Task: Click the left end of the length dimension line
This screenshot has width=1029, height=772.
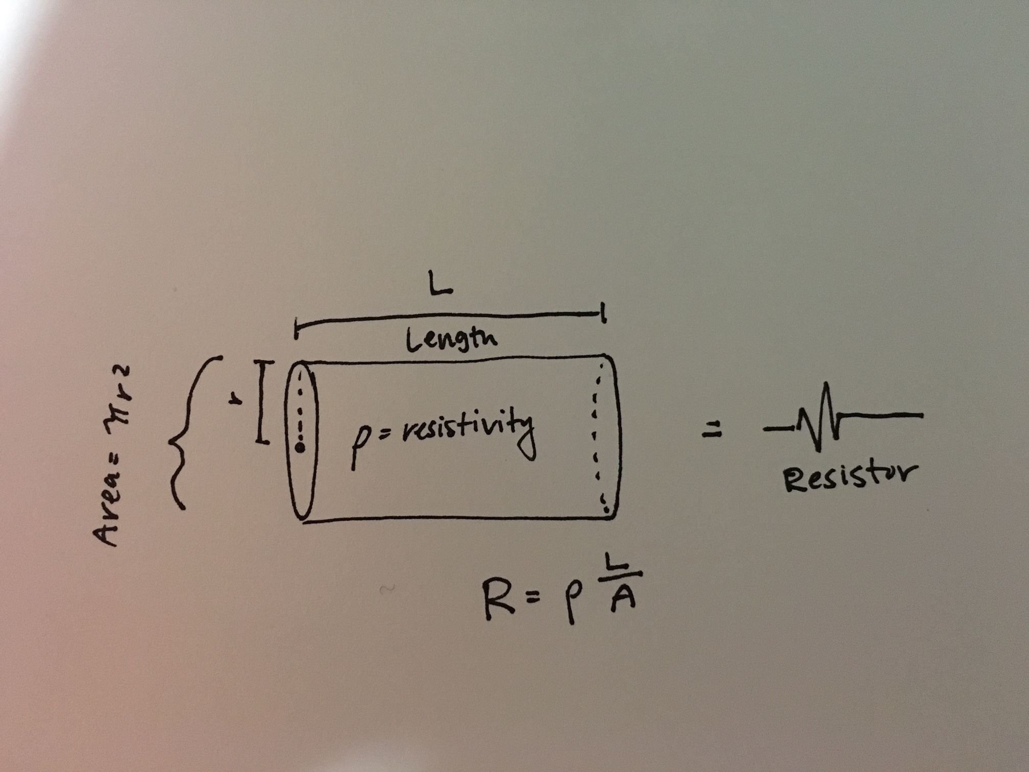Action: tap(296, 327)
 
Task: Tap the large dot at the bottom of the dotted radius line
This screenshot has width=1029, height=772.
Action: tap(300, 448)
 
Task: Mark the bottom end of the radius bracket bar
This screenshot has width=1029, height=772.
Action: tap(262, 441)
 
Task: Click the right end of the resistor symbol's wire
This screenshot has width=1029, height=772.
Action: tap(922, 416)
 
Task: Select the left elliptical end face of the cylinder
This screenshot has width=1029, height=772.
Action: tap(302, 441)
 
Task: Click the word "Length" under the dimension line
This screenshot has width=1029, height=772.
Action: tap(451, 340)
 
